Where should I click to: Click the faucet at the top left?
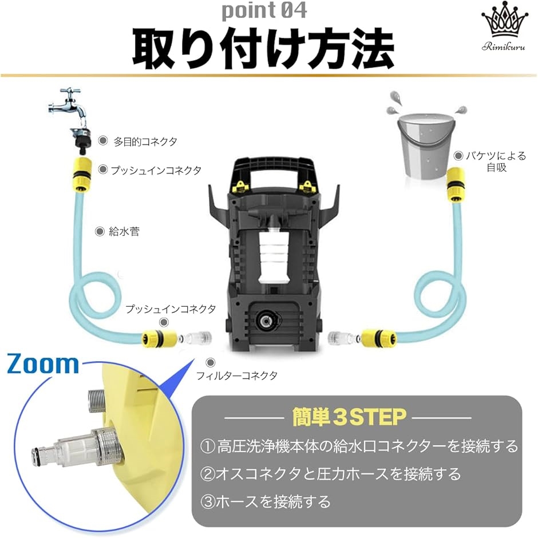point(72,109)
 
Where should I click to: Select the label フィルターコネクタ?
point(236,376)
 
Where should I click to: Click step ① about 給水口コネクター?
point(359,446)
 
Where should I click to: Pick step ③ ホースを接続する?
point(266,502)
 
